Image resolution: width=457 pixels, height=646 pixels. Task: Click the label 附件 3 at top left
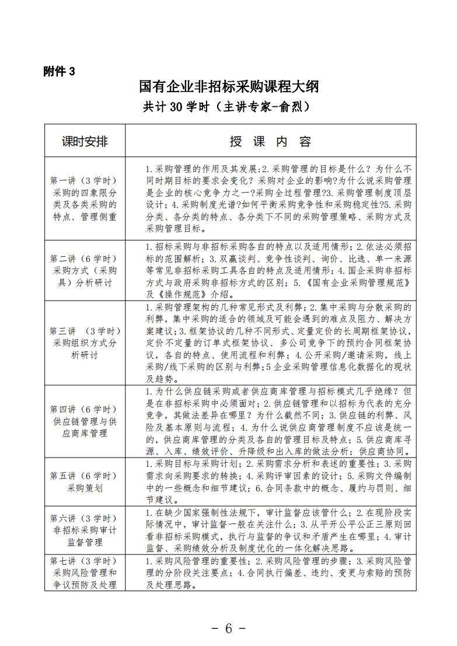coord(60,71)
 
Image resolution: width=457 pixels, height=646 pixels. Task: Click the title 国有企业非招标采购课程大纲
coord(229,88)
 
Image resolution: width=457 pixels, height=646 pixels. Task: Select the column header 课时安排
coord(85,141)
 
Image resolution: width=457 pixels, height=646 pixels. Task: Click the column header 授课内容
coord(270,141)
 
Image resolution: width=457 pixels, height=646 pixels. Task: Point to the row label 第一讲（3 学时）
coord(85,180)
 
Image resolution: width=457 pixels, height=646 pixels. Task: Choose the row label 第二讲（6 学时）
coord(85,258)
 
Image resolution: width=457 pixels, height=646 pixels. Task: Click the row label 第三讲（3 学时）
coord(85,330)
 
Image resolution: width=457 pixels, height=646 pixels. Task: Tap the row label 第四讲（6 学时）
coord(85,408)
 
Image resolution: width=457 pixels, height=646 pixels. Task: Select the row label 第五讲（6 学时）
coord(85,475)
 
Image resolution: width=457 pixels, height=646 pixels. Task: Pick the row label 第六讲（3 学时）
coord(85,518)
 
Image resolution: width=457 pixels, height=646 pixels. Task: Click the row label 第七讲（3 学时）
coord(85,561)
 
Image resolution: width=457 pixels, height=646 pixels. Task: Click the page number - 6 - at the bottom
coord(229,628)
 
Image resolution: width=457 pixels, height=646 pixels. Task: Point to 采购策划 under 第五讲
coord(85,488)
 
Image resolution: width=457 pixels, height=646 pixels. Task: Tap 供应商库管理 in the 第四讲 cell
coord(85,434)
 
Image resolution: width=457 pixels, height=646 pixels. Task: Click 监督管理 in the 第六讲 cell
coord(85,543)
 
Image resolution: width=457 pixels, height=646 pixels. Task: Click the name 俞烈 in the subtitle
coord(289,107)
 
